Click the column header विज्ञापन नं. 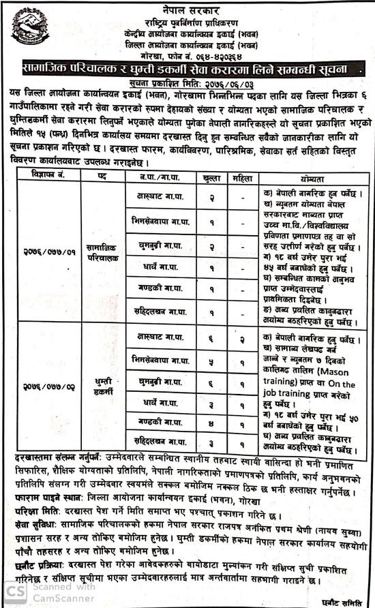pos(43,175)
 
